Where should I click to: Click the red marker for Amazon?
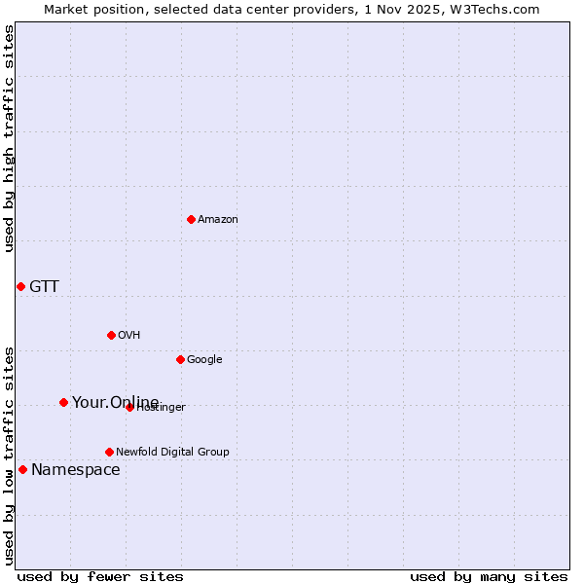point(191,219)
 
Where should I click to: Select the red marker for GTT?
point(20,286)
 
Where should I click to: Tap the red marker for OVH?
point(111,335)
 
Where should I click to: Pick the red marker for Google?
point(180,359)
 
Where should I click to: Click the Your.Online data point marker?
point(63,402)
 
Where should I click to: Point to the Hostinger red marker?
point(129,407)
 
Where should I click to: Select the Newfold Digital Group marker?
point(109,452)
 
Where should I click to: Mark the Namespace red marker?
point(22,469)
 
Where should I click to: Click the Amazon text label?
point(218,219)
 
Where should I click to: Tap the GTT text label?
point(44,286)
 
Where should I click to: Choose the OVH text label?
point(129,335)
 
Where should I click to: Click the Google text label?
point(204,359)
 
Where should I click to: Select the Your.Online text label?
point(115,402)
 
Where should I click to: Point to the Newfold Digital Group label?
point(172,452)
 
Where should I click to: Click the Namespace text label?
point(76,469)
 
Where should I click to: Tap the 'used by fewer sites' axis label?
point(100,576)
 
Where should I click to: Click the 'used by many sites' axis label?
point(489,576)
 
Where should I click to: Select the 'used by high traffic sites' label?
point(9,138)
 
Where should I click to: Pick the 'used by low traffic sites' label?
point(9,456)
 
